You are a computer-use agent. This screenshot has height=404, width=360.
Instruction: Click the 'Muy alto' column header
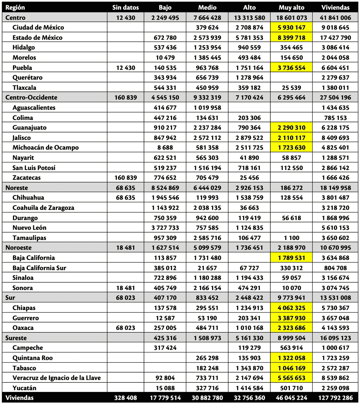(x=291, y=7)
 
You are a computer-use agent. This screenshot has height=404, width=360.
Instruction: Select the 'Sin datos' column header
(x=125, y=7)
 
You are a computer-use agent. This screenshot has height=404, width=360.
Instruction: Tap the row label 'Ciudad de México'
(x=38, y=28)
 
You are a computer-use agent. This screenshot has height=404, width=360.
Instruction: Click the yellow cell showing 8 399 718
(x=291, y=38)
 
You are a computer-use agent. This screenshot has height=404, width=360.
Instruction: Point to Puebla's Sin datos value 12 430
(x=125, y=68)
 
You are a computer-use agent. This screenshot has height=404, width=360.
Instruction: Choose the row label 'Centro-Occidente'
(x=31, y=97)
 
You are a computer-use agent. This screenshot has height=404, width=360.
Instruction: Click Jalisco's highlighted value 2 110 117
(x=291, y=138)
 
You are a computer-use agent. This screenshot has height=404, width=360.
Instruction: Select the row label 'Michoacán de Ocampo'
(x=46, y=148)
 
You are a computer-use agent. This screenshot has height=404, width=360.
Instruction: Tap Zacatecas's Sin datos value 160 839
(x=125, y=178)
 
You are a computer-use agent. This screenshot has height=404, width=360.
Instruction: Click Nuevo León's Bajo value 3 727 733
(x=165, y=228)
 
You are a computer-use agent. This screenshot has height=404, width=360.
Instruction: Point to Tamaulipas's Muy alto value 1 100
(x=291, y=238)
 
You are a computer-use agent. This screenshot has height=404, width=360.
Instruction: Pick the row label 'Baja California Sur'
(x=39, y=268)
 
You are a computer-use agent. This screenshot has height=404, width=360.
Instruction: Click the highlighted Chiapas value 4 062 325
(x=291, y=308)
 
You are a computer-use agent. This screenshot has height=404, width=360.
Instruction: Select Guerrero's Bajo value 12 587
(x=165, y=318)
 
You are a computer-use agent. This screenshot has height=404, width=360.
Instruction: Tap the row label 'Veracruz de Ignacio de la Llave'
(x=56, y=378)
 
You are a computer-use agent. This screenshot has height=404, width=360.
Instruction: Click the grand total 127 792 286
(x=335, y=398)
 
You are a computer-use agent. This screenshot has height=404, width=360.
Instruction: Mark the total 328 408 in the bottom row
(x=125, y=398)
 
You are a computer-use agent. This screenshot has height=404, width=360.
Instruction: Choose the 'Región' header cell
(x=15, y=7)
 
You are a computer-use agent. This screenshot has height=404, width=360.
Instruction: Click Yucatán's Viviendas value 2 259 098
(x=335, y=388)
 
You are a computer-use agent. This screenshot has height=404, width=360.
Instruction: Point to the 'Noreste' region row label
(x=16, y=188)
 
